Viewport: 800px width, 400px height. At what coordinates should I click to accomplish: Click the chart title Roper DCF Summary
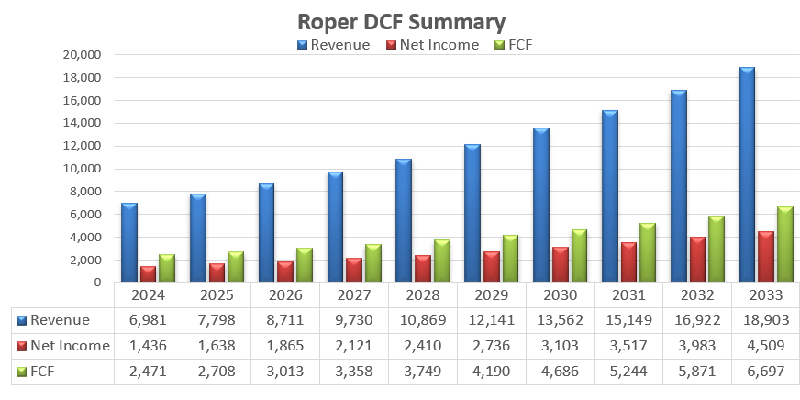pyautogui.click(x=401, y=22)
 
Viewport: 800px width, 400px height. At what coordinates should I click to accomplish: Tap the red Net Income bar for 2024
pyautogui.click(x=148, y=273)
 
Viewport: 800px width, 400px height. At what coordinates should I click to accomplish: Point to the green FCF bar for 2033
pyautogui.click(x=784, y=244)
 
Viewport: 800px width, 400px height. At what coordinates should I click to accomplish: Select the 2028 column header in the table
pyautogui.click(x=423, y=295)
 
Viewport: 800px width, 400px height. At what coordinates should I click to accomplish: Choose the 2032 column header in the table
pyautogui.click(x=697, y=295)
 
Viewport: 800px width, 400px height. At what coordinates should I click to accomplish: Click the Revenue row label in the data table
pyautogui.click(x=61, y=320)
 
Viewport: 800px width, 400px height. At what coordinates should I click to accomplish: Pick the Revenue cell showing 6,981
pyautogui.click(x=149, y=320)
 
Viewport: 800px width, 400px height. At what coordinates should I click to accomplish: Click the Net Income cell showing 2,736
pyautogui.click(x=492, y=346)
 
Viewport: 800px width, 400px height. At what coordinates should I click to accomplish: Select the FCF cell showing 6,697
pyautogui.click(x=766, y=371)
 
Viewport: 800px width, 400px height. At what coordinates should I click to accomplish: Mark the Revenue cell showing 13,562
pyautogui.click(x=561, y=320)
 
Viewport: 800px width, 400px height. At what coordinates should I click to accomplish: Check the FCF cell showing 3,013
pyautogui.click(x=285, y=371)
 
